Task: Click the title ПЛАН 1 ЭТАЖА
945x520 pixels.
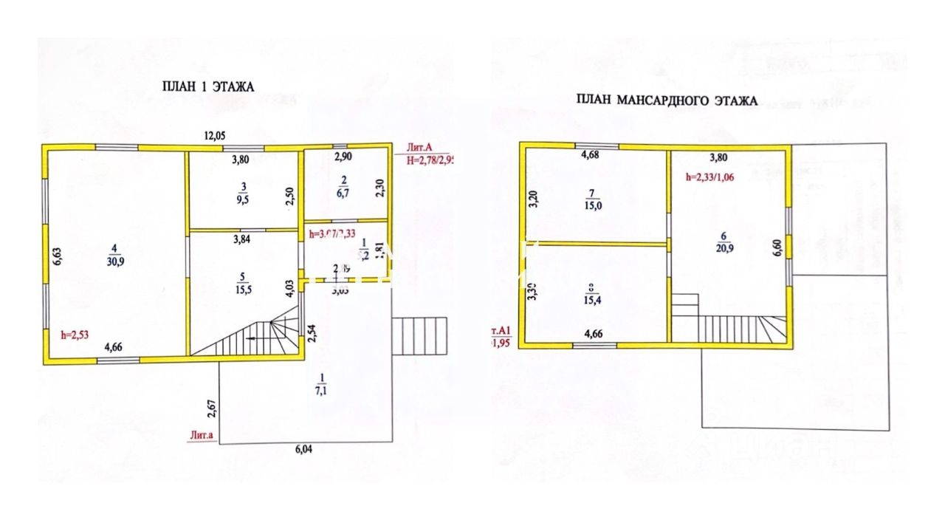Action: coord(207,86)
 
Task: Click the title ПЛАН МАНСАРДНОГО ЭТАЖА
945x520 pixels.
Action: coord(666,100)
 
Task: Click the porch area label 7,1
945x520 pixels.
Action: coord(322,389)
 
